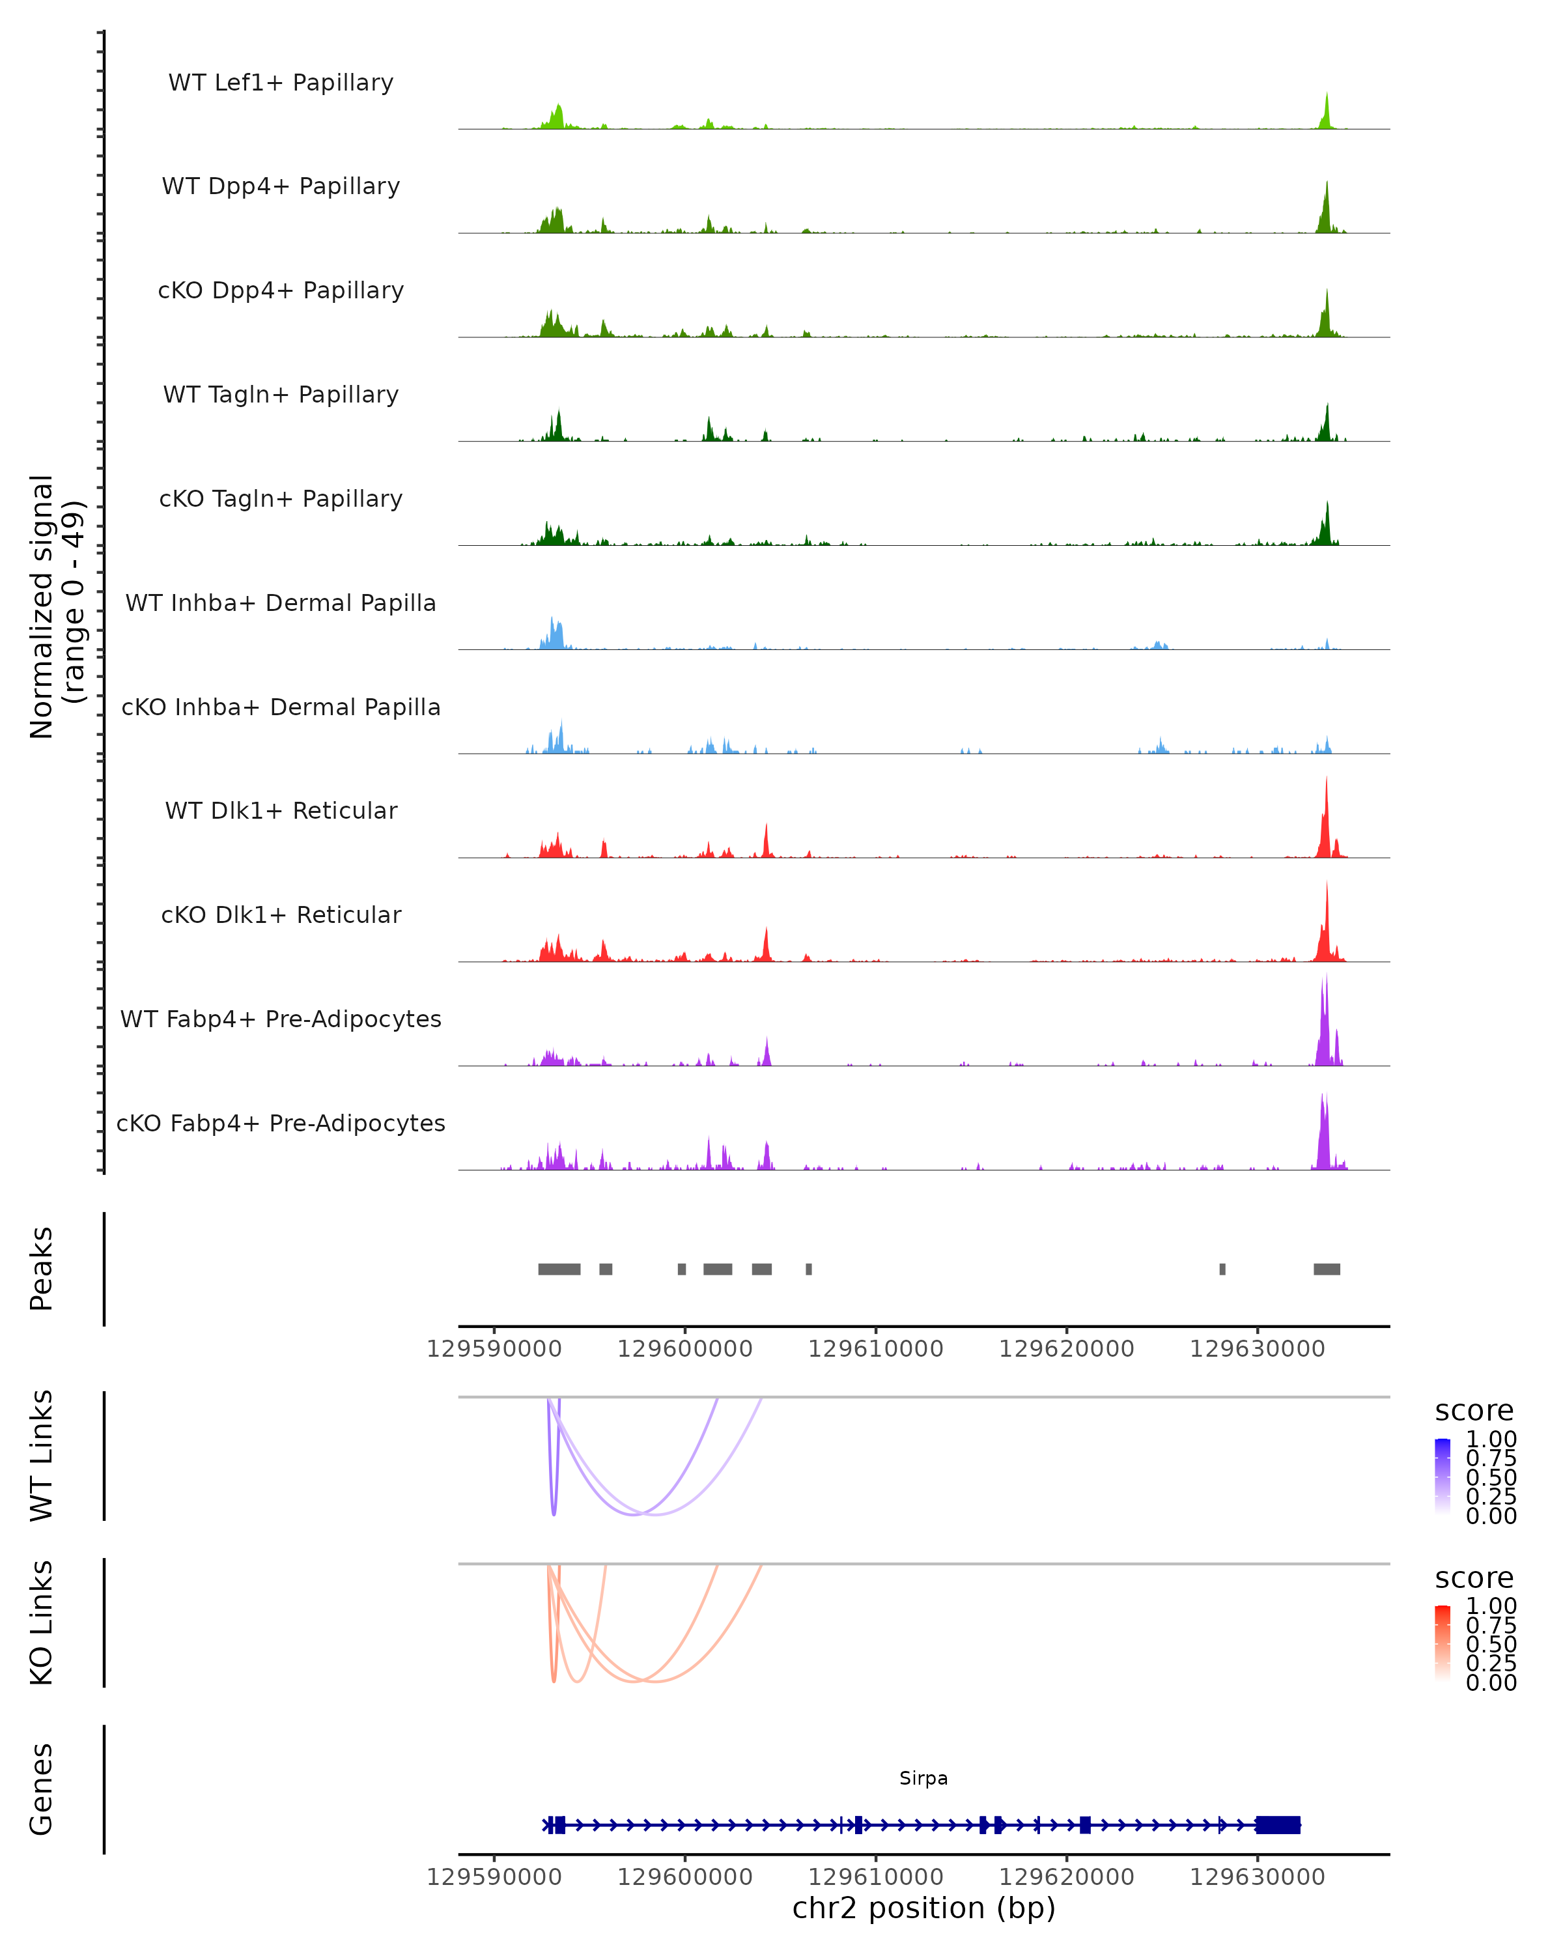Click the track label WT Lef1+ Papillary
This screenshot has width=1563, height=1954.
pos(281,83)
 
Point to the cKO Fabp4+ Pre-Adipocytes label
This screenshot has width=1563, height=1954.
pos(281,1123)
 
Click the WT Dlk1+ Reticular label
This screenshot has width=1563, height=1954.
pos(281,810)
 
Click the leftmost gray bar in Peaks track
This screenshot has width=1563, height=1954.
pos(559,1269)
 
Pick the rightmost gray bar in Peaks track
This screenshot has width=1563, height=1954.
pos(1327,1269)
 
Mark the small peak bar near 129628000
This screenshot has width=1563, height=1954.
pos(1222,1269)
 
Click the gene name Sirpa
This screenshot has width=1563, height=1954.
pos(923,1778)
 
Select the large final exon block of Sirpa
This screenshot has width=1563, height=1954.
pos(1278,1824)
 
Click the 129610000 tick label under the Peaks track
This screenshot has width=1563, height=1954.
pos(875,1349)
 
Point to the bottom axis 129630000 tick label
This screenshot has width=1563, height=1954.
pos(1257,1877)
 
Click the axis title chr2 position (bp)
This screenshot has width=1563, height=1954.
pos(923,1908)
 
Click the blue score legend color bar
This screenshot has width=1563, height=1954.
pos(1443,1477)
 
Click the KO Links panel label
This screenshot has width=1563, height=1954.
pos(42,1622)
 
